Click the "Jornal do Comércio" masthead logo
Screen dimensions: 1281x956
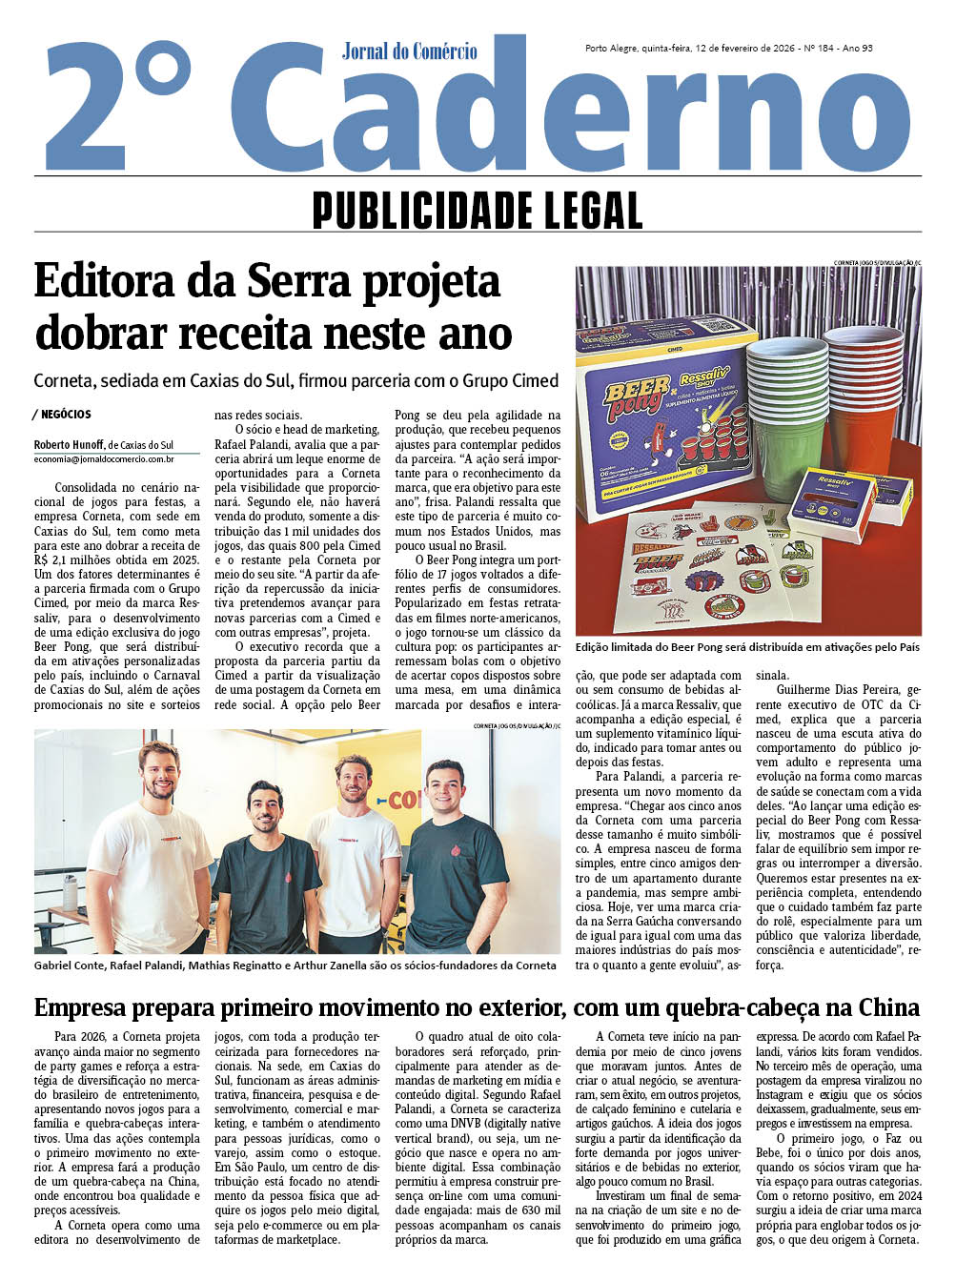[x=409, y=51]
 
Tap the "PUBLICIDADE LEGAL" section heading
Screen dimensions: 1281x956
[x=477, y=210]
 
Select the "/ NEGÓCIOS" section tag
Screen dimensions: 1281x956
[x=63, y=415]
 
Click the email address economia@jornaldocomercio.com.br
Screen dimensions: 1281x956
[x=104, y=458]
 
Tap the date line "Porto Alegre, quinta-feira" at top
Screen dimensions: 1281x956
[x=638, y=49]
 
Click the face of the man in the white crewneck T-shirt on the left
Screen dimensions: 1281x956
[x=159, y=773]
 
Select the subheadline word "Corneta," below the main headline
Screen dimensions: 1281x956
[x=62, y=381]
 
